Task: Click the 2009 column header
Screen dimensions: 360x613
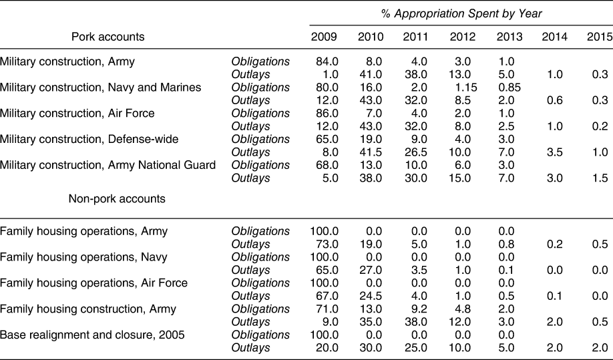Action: click(x=324, y=37)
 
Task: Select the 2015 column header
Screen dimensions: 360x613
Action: click(x=599, y=37)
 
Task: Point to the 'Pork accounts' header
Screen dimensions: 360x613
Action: click(x=108, y=37)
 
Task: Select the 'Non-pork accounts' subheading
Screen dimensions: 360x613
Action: click(x=117, y=198)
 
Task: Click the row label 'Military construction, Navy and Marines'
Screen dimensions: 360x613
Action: click(x=101, y=87)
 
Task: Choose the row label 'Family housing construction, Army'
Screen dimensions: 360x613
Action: click(x=88, y=309)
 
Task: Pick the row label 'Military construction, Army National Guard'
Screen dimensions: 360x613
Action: click(x=108, y=165)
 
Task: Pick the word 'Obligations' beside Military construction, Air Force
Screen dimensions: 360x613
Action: click(x=260, y=114)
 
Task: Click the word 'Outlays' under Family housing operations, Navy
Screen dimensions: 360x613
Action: click(x=250, y=270)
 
